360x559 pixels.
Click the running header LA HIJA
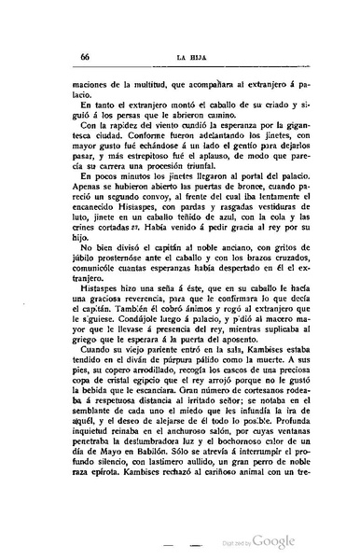pos(191,56)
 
